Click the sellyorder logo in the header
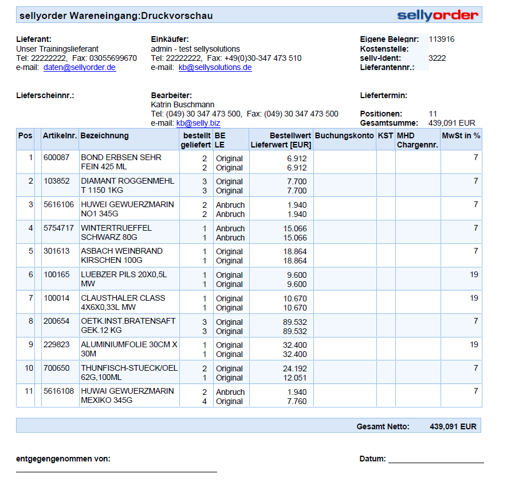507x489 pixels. (x=438, y=15)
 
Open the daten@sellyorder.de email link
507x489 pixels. (x=80, y=67)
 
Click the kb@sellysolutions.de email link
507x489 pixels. (x=215, y=67)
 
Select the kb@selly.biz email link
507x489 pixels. (x=198, y=123)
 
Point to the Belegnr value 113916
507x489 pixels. (x=441, y=40)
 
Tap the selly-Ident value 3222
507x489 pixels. (x=437, y=58)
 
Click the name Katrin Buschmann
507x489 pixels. (x=182, y=104)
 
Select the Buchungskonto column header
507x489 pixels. (x=344, y=136)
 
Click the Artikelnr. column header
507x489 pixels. (x=60, y=136)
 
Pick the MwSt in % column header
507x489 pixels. (x=461, y=136)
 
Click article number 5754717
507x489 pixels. (x=58, y=228)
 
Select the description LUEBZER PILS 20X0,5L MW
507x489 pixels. (x=124, y=280)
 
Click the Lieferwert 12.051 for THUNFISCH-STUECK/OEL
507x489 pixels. (x=297, y=378)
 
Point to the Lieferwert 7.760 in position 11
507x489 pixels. (x=297, y=401)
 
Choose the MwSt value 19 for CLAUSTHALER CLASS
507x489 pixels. (x=474, y=298)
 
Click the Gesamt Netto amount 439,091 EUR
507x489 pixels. (x=453, y=426)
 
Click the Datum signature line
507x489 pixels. (x=436, y=461)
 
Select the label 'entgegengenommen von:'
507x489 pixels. (x=63, y=459)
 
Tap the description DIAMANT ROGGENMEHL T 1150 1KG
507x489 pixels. (x=127, y=186)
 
